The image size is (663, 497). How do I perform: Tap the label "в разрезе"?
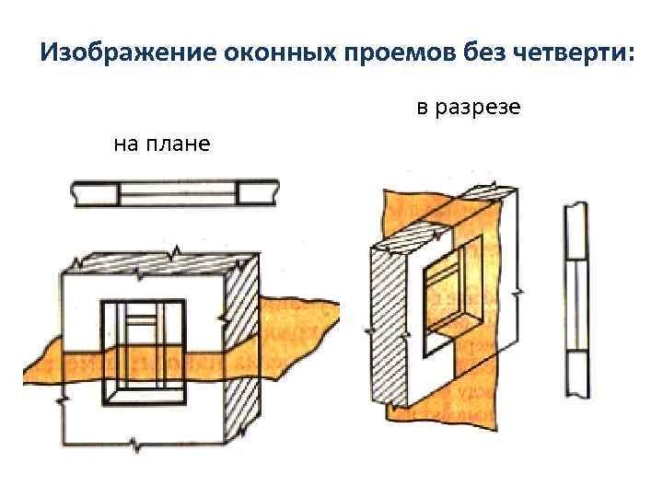tap(468, 109)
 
